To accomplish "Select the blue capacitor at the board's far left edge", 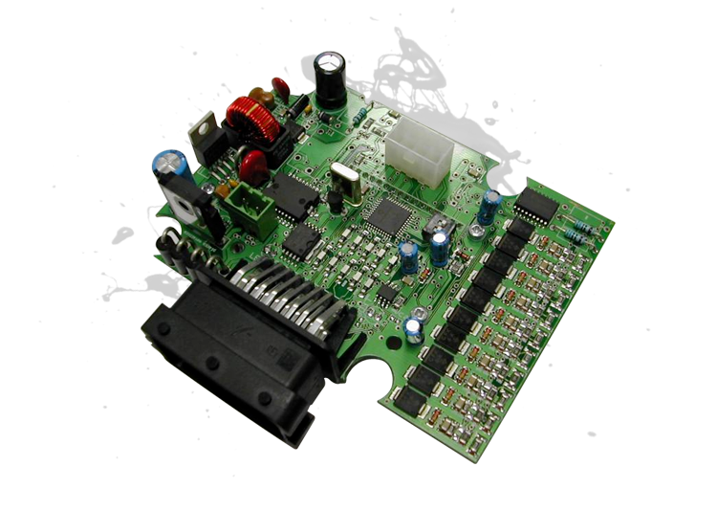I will [165, 165].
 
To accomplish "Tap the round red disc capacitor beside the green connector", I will [255, 164].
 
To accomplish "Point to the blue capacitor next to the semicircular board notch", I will [413, 327].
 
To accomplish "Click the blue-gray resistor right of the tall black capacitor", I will [359, 114].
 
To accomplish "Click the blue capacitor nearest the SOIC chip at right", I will [489, 207].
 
